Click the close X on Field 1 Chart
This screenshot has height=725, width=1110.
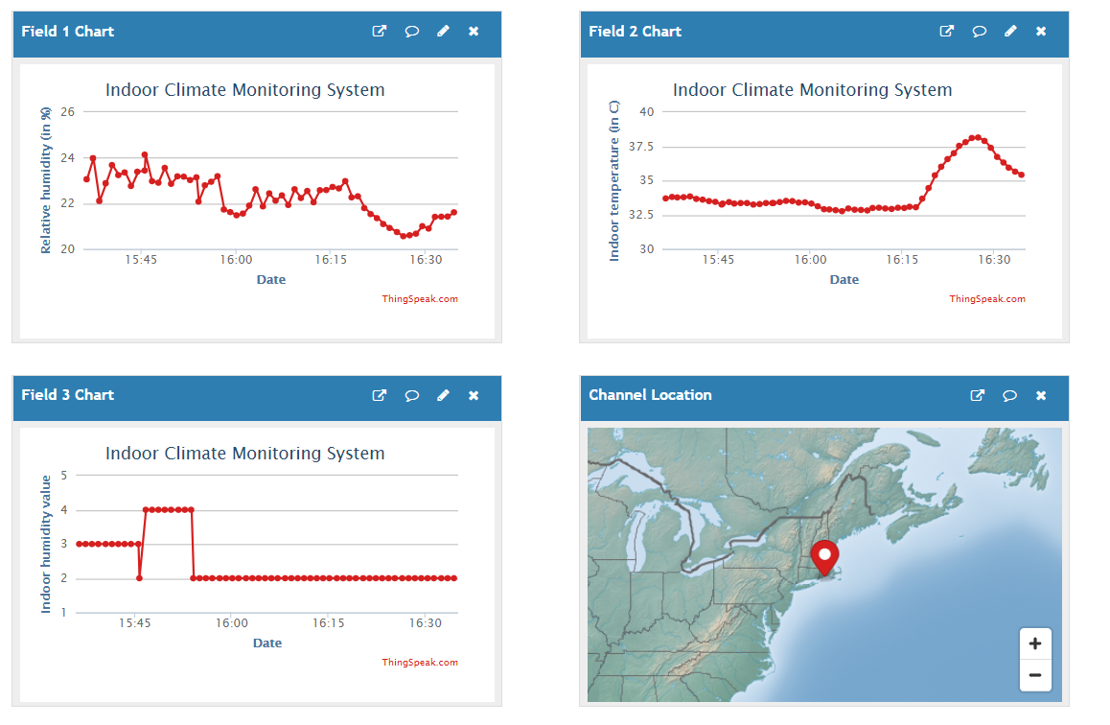(474, 32)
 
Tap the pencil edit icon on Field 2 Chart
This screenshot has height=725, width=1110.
(1010, 32)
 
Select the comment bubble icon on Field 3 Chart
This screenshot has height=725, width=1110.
(411, 395)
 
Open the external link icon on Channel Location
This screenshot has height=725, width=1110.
(978, 395)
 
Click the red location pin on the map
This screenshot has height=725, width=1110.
(824, 556)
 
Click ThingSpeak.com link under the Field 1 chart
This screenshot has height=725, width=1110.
(420, 299)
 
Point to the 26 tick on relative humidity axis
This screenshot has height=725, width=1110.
(67, 111)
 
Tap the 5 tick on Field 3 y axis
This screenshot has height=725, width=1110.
(63, 475)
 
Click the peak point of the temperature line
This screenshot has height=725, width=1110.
(976, 137)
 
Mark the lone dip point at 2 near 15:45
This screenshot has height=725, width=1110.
(139, 578)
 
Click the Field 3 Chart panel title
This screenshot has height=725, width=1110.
(67, 395)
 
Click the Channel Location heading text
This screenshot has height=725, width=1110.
(650, 395)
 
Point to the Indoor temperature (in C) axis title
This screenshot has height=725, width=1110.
(614, 180)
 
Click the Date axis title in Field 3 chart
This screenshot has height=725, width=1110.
(267, 643)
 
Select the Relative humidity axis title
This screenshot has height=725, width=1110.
(45, 180)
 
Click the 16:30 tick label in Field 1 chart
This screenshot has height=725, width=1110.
(426, 260)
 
